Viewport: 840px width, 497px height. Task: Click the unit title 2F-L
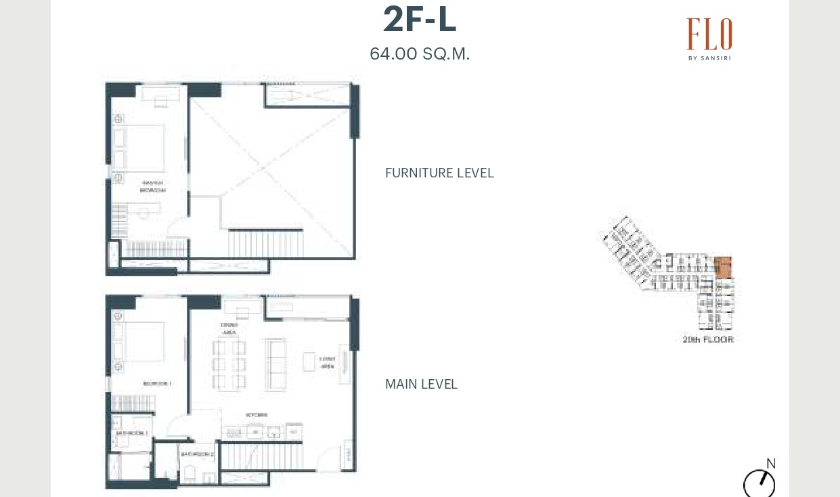point(420,20)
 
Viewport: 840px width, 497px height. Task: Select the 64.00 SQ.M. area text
point(420,54)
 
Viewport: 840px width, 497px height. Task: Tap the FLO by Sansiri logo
point(709,39)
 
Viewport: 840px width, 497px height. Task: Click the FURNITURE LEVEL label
point(439,173)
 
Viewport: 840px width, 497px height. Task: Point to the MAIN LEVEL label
point(421,385)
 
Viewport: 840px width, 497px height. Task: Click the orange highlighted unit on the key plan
point(723,267)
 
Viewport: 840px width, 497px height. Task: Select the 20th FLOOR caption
point(708,339)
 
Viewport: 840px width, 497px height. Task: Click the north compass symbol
point(759,483)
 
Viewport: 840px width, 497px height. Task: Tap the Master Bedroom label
point(152,187)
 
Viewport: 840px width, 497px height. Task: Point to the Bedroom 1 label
point(157,384)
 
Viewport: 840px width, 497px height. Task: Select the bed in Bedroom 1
point(143,341)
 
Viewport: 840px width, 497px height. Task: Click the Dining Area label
point(229,329)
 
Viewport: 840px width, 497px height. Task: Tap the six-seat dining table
point(229,364)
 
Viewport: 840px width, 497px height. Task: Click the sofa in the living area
point(276,364)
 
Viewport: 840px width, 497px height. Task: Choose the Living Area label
point(327,363)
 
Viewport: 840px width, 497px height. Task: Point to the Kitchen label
point(257,415)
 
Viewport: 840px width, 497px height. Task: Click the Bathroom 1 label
point(132,433)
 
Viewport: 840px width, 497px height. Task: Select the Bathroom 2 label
point(197,454)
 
